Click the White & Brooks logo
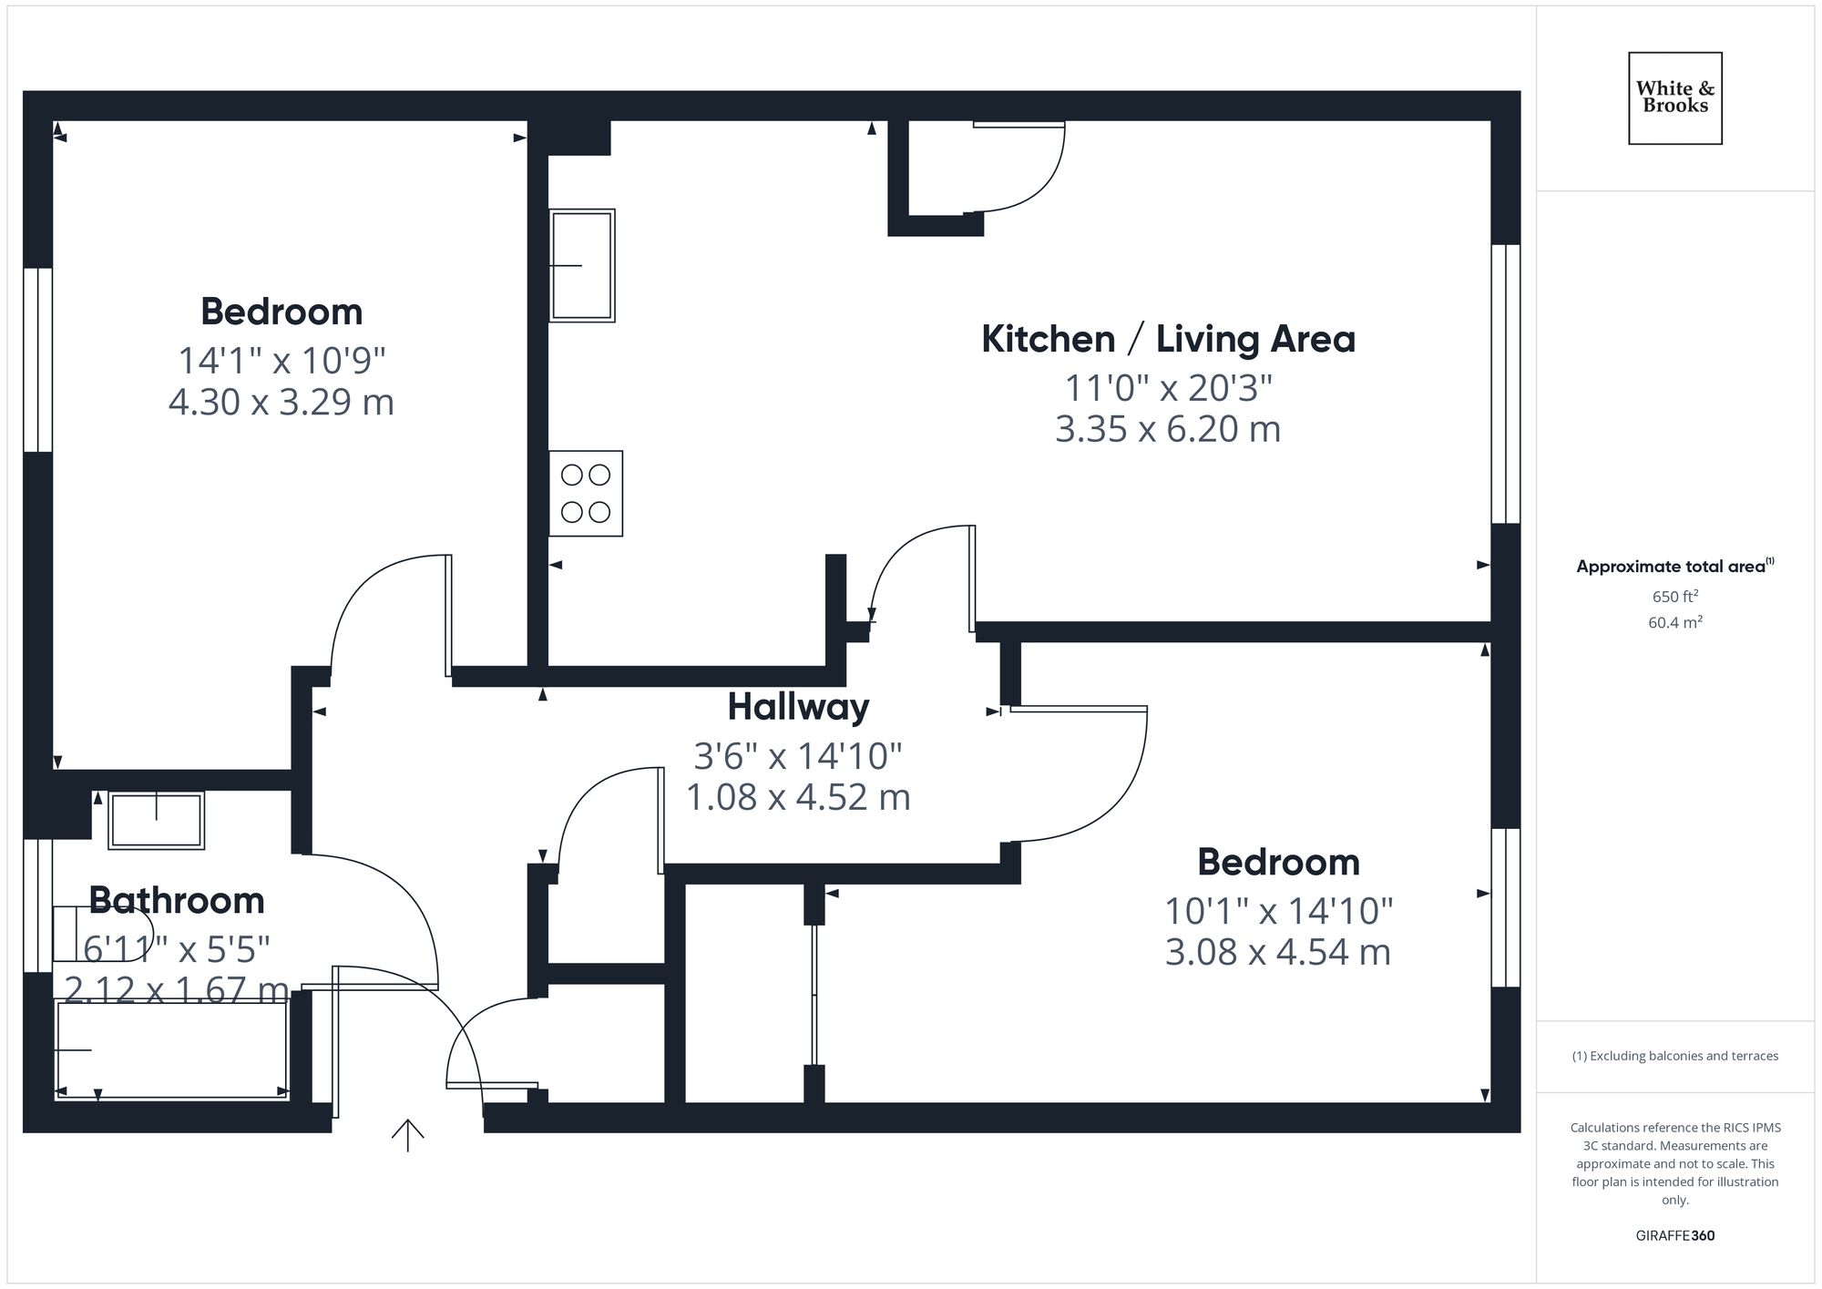[1674, 97]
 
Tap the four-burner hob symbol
[586, 493]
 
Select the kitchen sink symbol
[581, 265]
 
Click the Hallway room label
[798, 707]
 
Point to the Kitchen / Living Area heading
[1168, 339]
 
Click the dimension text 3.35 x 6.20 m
[1168, 429]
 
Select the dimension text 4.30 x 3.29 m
[281, 402]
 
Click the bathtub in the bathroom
[172, 1050]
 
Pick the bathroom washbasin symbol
[156, 820]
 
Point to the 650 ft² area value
[1674, 597]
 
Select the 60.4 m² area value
[1674, 622]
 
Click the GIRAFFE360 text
[1674, 1235]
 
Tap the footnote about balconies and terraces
[1674, 1056]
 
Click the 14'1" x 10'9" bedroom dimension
[281, 361]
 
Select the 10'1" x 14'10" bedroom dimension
[1278, 911]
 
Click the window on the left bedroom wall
[37, 360]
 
